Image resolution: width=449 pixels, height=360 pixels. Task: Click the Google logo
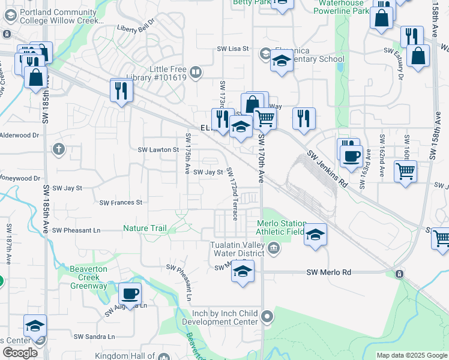tap(20, 352)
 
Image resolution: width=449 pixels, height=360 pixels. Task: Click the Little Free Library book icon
tap(195, 73)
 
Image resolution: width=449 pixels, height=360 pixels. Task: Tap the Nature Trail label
tap(145, 228)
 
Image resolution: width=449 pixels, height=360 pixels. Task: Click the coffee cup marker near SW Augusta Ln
tap(130, 294)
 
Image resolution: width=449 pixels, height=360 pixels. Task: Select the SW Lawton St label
tap(159, 149)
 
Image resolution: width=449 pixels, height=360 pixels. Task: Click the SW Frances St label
tap(121, 203)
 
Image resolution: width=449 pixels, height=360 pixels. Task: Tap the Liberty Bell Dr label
tap(136, 28)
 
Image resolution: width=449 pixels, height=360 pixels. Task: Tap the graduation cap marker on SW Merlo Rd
tap(243, 271)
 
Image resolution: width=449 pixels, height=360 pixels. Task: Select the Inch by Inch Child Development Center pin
tap(268, 316)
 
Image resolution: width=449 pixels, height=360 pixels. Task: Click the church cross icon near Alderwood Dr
tap(58, 148)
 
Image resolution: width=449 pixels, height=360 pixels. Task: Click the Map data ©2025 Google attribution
tap(411, 355)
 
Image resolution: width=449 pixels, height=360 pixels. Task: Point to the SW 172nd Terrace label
tap(232, 193)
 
